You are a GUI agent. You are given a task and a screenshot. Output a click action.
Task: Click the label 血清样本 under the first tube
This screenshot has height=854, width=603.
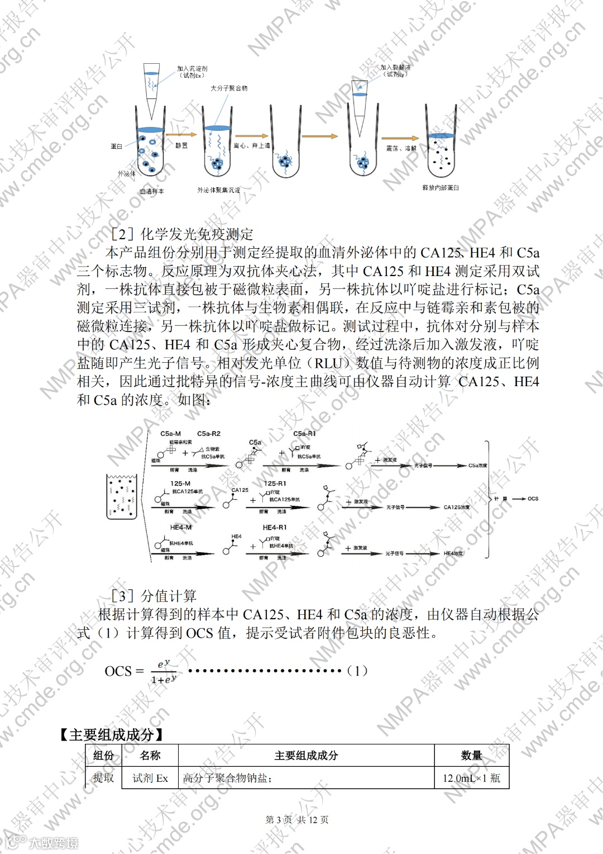point(152,191)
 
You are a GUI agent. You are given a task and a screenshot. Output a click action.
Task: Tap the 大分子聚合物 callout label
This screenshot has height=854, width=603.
point(229,88)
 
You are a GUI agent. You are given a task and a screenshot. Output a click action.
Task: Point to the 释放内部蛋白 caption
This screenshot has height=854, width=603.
point(441,188)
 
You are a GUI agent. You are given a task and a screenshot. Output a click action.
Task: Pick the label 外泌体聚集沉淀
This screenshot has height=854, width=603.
point(219,190)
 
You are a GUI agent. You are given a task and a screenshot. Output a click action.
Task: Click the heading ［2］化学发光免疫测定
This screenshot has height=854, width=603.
point(182,234)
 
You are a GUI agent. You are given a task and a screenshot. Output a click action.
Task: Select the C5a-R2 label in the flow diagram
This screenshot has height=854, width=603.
point(209,434)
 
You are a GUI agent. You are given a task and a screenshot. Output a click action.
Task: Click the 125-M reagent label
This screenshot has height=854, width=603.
point(180,483)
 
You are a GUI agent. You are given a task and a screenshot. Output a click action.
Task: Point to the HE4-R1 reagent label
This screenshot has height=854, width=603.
point(275,527)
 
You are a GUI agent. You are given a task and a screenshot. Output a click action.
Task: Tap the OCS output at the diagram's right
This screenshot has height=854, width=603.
point(533,499)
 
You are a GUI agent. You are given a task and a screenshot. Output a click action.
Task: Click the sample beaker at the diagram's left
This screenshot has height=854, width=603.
point(122,496)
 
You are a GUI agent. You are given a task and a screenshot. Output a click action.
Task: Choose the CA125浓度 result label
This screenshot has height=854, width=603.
point(457,507)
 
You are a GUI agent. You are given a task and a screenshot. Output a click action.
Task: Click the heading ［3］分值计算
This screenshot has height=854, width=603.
point(154,596)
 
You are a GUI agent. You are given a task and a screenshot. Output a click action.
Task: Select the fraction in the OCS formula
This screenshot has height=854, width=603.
point(164,671)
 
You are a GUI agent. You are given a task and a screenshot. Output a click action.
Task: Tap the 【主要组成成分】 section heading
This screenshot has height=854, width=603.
point(112,734)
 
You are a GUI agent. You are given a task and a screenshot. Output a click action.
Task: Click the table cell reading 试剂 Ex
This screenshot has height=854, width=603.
point(150,778)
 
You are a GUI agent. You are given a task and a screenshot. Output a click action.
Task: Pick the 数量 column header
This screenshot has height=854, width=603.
point(471,756)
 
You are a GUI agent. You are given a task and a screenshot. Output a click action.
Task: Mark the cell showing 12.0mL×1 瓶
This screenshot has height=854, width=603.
point(471,778)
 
